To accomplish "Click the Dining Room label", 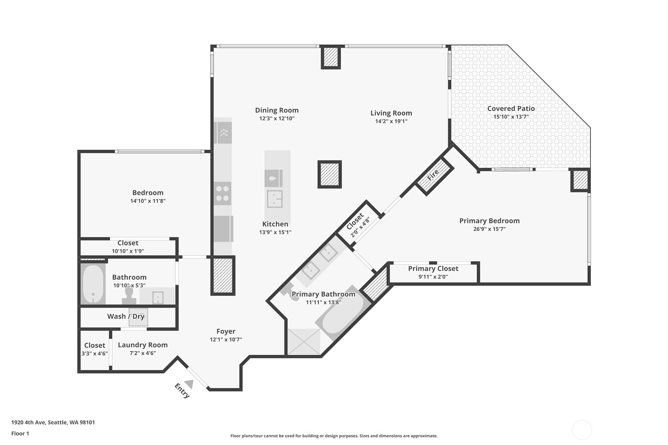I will click(x=277, y=110).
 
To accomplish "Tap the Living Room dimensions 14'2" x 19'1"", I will click(x=391, y=121).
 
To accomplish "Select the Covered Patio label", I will click(x=511, y=109).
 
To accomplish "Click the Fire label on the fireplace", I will click(x=433, y=175).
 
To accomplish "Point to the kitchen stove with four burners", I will click(x=222, y=193).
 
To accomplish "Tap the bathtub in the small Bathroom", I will click(x=93, y=284).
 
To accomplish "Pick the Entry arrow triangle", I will click(x=189, y=383).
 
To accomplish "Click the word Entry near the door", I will click(x=182, y=391).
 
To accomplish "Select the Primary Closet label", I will click(x=433, y=268).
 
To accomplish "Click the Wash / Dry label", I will click(x=126, y=316).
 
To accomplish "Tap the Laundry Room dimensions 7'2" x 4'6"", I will click(x=142, y=353).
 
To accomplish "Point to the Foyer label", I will click(x=226, y=331).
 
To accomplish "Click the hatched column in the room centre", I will click(x=329, y=174).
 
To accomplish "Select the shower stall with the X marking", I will click(x=304, y=342).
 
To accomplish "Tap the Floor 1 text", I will click(x=20, y=433).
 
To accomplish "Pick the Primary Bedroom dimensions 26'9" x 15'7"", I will click(x=489, y=229).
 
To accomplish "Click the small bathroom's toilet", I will click(x=129, y=295).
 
